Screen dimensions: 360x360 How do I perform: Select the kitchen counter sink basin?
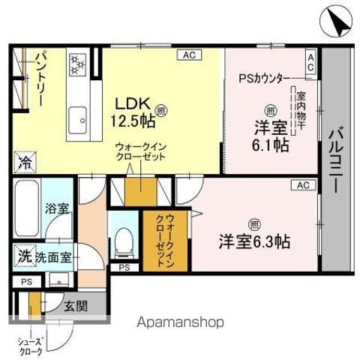click(77, 118)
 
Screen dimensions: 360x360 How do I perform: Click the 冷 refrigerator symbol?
click(24, 160)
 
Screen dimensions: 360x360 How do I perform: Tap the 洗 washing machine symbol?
click(24, 256)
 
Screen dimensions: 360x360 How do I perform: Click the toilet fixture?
click(124, 238)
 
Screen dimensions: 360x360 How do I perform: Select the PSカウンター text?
click(262, 76)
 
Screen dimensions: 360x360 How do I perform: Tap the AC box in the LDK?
click(189, 55)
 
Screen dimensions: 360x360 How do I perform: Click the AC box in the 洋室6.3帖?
click(303, 184)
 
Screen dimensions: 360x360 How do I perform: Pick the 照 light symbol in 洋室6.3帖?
click(254, 223)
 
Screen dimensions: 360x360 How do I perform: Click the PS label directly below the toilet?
click(124, 266)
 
